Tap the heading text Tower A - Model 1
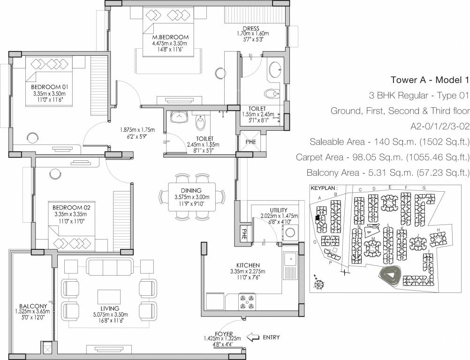[430, 79]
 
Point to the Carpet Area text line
[382, 157]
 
